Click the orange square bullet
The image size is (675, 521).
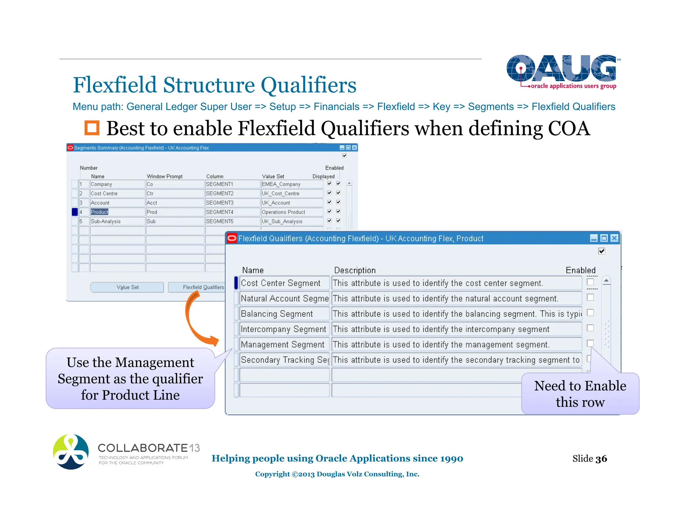tap(92, 128)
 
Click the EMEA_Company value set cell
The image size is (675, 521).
tap(291, 184)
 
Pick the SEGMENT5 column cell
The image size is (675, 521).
tap(232, 221)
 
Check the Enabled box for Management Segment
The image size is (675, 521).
tap(590, 343)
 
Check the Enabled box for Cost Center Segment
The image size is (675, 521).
tap(590, 282)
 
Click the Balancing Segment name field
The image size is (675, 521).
tap(284, 314)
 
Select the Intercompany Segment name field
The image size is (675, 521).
tap(284, 329)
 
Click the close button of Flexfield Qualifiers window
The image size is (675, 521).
tap(614, 238)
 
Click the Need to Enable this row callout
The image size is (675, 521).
tap(580, 394)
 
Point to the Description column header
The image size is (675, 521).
tap(355, 270)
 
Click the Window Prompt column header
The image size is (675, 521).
tap(164, 177)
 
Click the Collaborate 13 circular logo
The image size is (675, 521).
tap(71, 452)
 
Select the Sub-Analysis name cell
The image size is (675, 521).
tap(117, 221)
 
